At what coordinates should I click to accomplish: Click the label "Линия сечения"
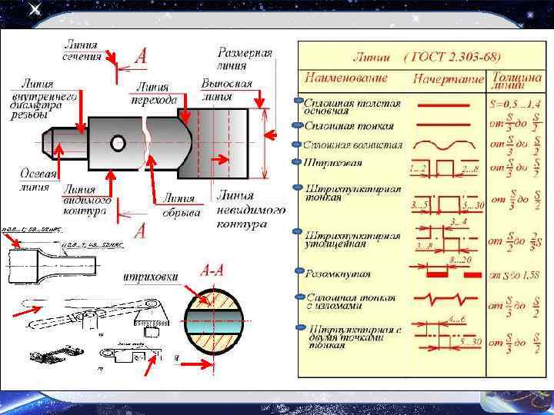(x=82, y=51)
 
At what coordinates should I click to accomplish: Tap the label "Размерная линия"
(x=245, y=58)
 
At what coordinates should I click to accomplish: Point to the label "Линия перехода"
(x=155, y=94)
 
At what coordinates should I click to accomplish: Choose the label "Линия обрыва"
(x=181, y=207)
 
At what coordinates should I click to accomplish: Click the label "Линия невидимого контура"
(x=251, y=209)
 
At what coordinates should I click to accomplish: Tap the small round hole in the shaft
(x=118, y=143)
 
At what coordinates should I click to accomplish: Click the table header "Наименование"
(x=345, y=78)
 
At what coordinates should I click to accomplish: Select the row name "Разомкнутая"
(x=338, y=273)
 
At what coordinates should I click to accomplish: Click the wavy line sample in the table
(x=449, y=144)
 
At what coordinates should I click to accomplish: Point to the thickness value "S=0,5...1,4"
(x=515, y=102)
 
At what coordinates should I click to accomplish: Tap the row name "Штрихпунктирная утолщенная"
(x=343, y=237)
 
